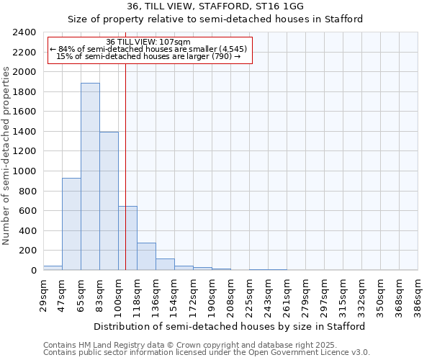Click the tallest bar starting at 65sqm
coord(90,176)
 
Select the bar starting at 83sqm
coord(109,201)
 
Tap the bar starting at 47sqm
coord(71,224)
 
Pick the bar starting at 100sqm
coord(127,238)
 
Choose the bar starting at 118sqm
coord(146,256)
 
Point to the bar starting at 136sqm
coord(165,264)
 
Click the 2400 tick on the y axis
coord(24,32)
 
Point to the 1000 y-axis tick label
coord(24,171)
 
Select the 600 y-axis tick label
coord(27,211)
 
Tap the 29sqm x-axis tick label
coord(43,294)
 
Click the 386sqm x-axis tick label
coord(418,294)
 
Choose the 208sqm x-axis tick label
coord(230,294)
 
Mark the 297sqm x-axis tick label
coord(324,294)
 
